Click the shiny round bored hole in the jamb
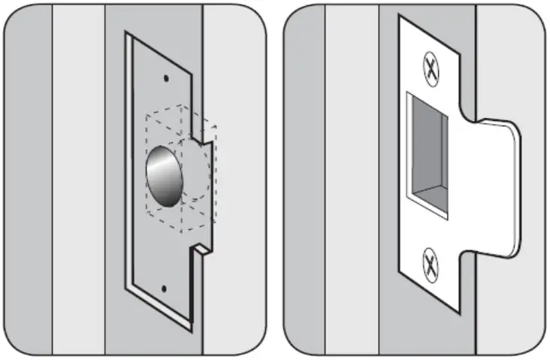click(165, 177)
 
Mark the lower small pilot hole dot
click(164, 287)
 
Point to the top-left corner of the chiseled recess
click(128, 34)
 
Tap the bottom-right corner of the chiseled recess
click(197, 331)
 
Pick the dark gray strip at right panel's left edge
click(305, 180)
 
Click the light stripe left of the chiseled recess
click(78, 180)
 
